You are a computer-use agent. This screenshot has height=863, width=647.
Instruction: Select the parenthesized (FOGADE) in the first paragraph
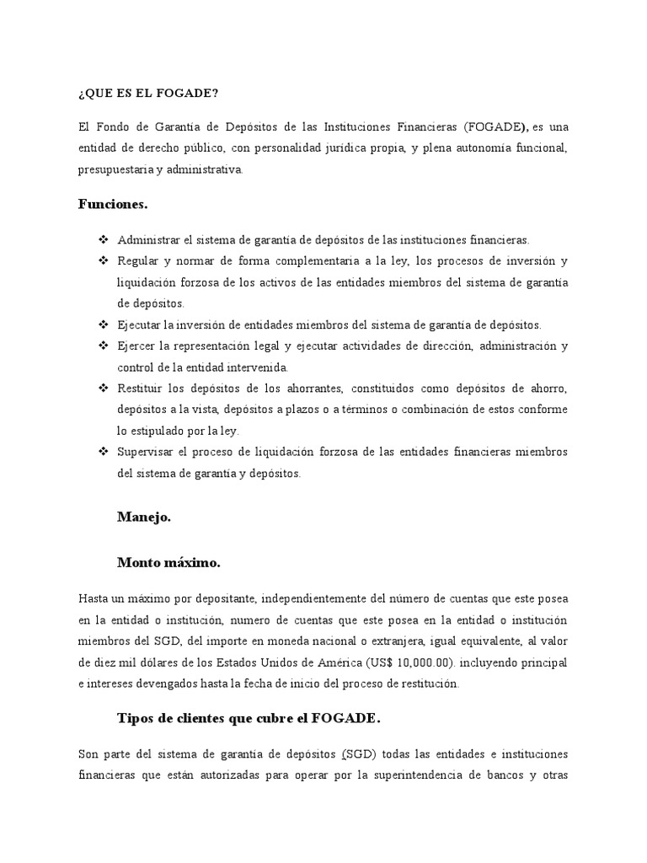tap(495, 126)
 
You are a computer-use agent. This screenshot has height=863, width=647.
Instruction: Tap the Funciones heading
tap(113, 204)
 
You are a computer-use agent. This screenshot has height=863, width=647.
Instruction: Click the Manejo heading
tap(144, 517)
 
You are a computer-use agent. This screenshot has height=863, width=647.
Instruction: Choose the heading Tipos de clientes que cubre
tap(249, 719)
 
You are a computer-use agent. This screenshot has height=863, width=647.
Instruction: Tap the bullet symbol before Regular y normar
tap(104, 260)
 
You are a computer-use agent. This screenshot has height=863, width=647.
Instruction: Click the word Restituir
tap(141, 388)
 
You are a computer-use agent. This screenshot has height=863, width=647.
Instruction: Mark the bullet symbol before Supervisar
tap(104, 453)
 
